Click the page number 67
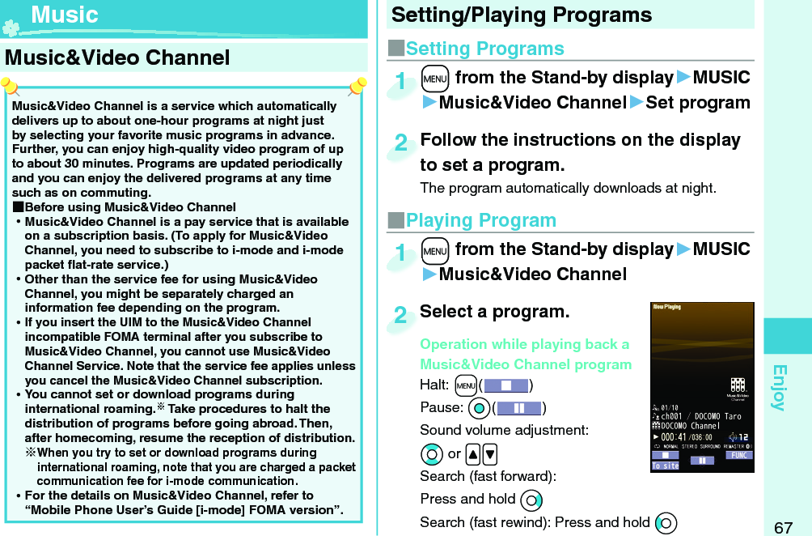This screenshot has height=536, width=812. pyautogui.click(x=783, y=528)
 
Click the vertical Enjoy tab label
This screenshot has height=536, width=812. pyautogui.click(x=779, y=388)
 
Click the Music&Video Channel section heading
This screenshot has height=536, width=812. pyautogui.click(x=118, y=57)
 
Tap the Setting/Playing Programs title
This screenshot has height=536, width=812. pyautogui.click(x=522, y=15)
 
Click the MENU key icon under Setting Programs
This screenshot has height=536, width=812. pyautogui.click(x=435, y=78)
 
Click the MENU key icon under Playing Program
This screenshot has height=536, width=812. pyautogui.click(x=435, y=249)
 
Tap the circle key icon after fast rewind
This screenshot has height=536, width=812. pyautogui.click(x=666, y=522)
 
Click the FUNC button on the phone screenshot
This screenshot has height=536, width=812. pyautogui.click(x=738, y=455)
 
